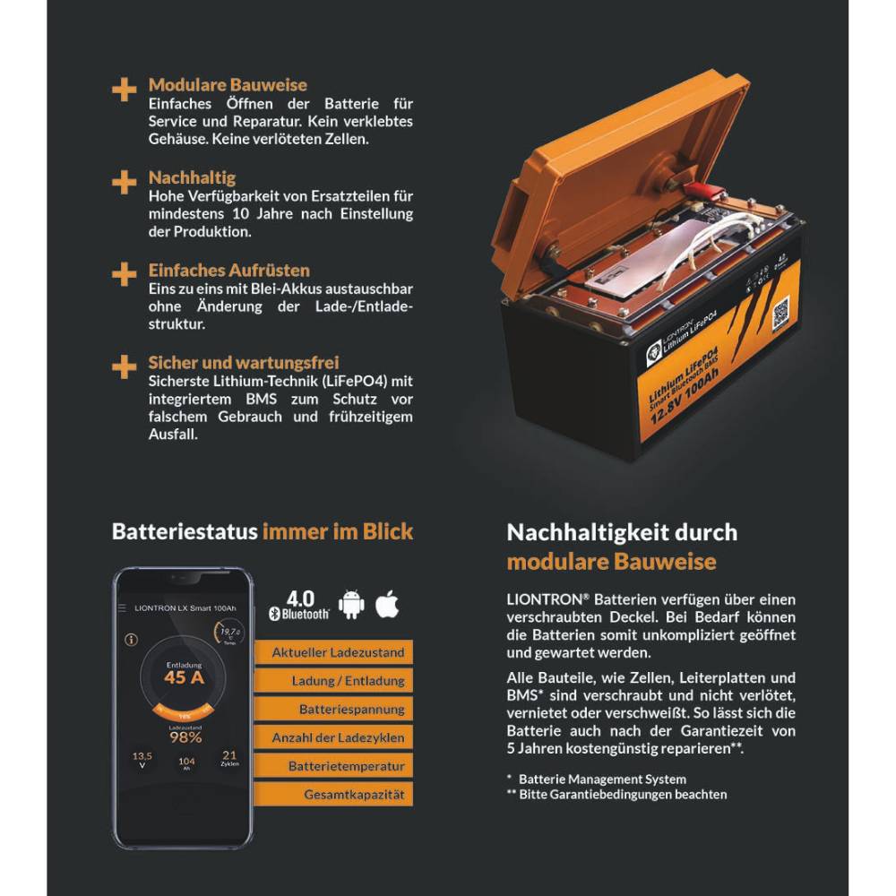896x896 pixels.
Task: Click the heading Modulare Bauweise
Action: point(228,85)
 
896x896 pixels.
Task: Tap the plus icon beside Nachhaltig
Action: point(124,182)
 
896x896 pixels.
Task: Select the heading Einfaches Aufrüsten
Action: point(229,270)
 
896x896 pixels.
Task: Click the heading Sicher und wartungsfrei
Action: point(244,363)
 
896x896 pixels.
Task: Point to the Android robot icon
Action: point(351,605)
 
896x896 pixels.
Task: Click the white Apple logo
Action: point(387,604)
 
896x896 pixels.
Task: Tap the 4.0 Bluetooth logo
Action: point(300,605)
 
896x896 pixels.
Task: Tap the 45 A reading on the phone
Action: point(183,677)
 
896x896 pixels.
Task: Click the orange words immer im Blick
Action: point(338,531)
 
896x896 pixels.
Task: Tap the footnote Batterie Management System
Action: point(602,780)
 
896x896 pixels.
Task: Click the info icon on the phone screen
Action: point(132,640)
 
